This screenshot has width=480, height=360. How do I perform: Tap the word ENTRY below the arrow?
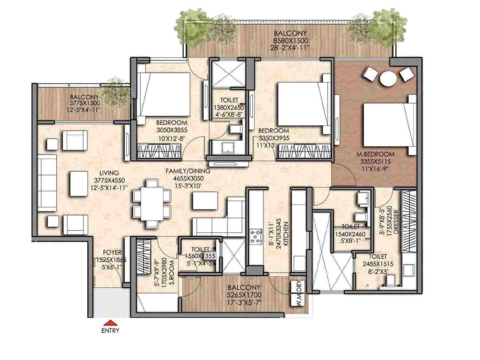(x=110, y=331)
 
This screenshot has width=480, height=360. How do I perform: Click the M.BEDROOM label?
(x=375, y=154)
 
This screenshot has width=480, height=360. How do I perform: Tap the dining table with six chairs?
(x=152, y=203)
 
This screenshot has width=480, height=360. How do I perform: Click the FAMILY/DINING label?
(x=188, y=171)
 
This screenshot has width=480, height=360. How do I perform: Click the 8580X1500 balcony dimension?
(x=290, y=40)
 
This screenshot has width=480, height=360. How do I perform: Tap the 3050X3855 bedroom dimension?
(x=172, y=130)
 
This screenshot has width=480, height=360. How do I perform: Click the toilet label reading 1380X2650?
(x=229, y=107)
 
